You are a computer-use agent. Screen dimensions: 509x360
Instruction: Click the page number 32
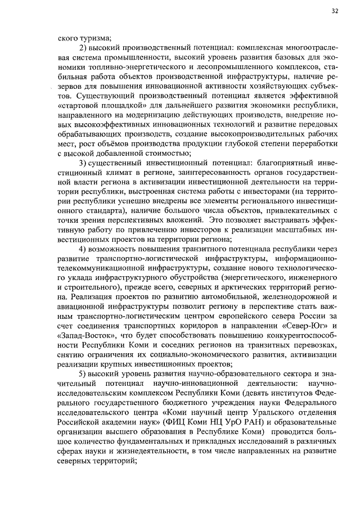[335, 11]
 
